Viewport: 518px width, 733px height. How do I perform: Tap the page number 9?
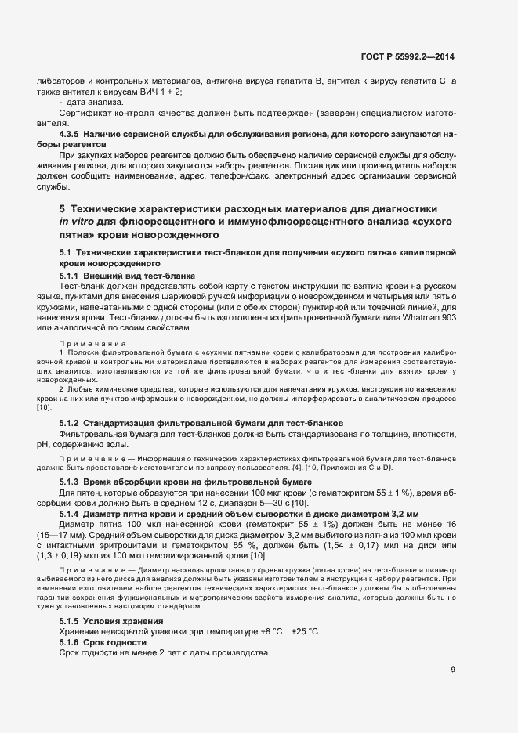(x=453, y=669)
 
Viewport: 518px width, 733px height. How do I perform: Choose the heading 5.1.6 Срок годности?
(x=110, y=642)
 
